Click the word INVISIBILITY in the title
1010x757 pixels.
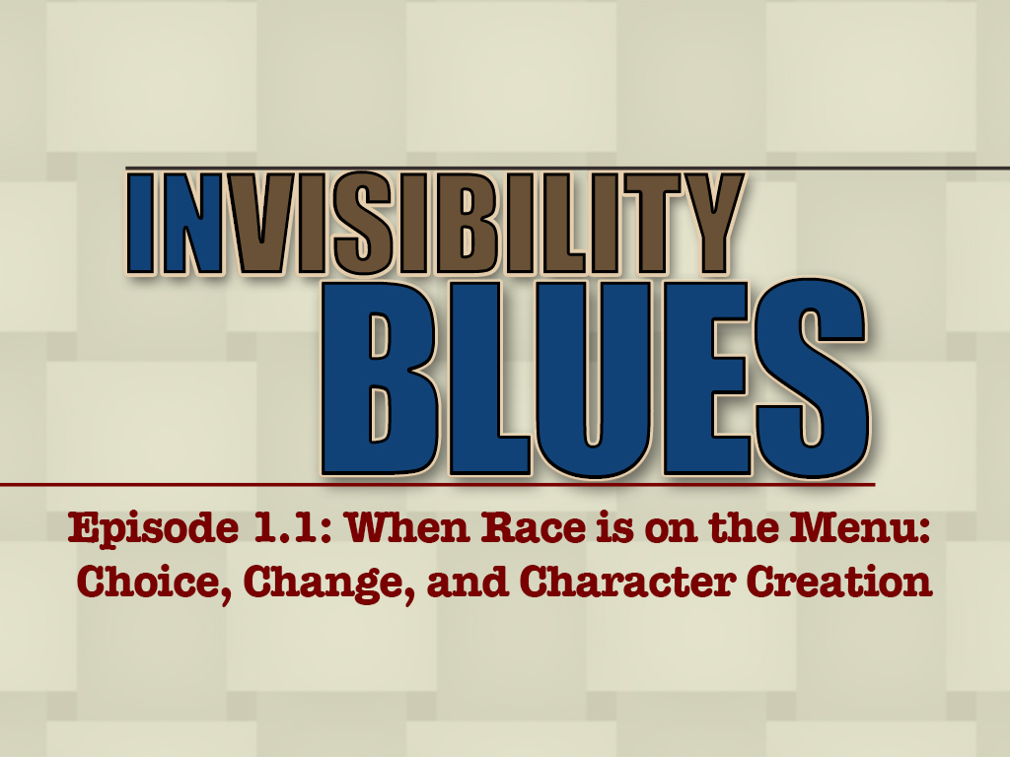435,224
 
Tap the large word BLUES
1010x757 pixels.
595,378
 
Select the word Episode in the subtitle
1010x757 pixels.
153,529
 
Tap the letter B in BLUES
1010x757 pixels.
380,378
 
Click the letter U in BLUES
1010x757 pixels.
592,379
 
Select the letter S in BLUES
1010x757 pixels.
813,378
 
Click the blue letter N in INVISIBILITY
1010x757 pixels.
193,224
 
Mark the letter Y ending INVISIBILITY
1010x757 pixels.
712,224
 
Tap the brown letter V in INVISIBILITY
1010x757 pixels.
255,224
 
